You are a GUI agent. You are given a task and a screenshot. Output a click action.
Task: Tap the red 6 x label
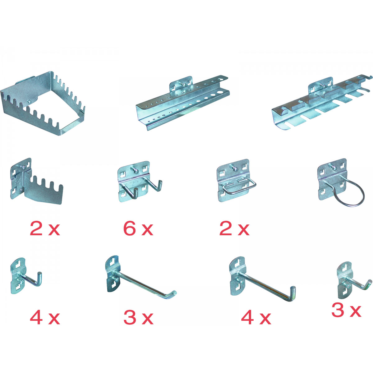138,229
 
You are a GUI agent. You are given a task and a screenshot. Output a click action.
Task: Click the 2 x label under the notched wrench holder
45,229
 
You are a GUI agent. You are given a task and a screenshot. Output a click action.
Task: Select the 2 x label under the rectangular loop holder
234,229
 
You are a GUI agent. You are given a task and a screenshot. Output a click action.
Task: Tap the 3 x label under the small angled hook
346,310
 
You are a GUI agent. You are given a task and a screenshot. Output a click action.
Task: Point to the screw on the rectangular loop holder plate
233,168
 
